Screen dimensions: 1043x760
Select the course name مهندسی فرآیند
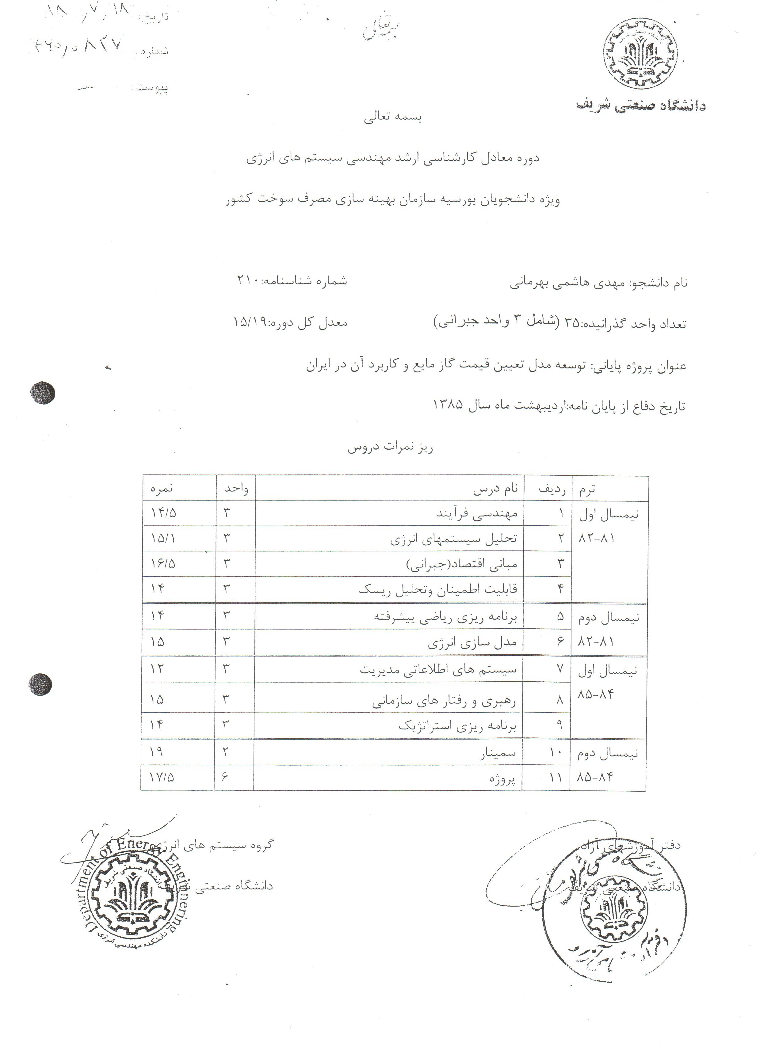(477, 513)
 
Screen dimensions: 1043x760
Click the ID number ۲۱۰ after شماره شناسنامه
(248, 280)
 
